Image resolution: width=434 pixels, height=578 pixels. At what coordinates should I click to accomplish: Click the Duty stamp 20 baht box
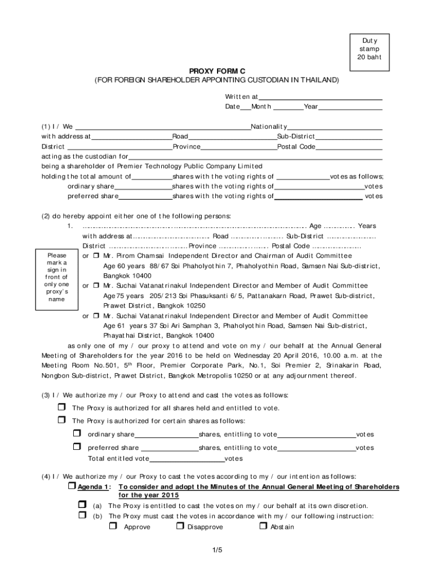point(369,50)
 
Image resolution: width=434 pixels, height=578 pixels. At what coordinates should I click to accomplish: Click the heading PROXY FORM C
point(217,71)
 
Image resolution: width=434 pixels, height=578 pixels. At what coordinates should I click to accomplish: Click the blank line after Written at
point(320,97)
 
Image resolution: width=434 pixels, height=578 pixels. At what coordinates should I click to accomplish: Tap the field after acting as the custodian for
point(255,156)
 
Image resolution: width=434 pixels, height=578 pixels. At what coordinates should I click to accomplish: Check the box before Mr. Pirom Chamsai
point(96,256)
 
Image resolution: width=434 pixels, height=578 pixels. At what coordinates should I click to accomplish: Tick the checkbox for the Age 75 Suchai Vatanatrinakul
point(96,286)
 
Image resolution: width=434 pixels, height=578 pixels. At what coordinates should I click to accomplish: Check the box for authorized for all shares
point(61,408)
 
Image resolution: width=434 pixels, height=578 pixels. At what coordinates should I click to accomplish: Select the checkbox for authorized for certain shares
point(61,421)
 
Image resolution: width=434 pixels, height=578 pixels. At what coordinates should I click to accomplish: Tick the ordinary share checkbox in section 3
point(77,433)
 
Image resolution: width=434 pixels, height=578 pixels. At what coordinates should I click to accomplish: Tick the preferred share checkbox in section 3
point(77,447)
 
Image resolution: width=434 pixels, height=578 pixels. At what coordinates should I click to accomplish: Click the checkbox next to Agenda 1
point(72,486)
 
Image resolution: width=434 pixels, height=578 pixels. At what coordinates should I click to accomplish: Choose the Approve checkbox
point(113,526)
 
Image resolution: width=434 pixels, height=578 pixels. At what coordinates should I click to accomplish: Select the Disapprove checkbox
point(180,526)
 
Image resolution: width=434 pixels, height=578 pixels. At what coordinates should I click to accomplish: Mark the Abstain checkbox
point(263,526)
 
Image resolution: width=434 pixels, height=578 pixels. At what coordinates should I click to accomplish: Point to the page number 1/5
point(217,550)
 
